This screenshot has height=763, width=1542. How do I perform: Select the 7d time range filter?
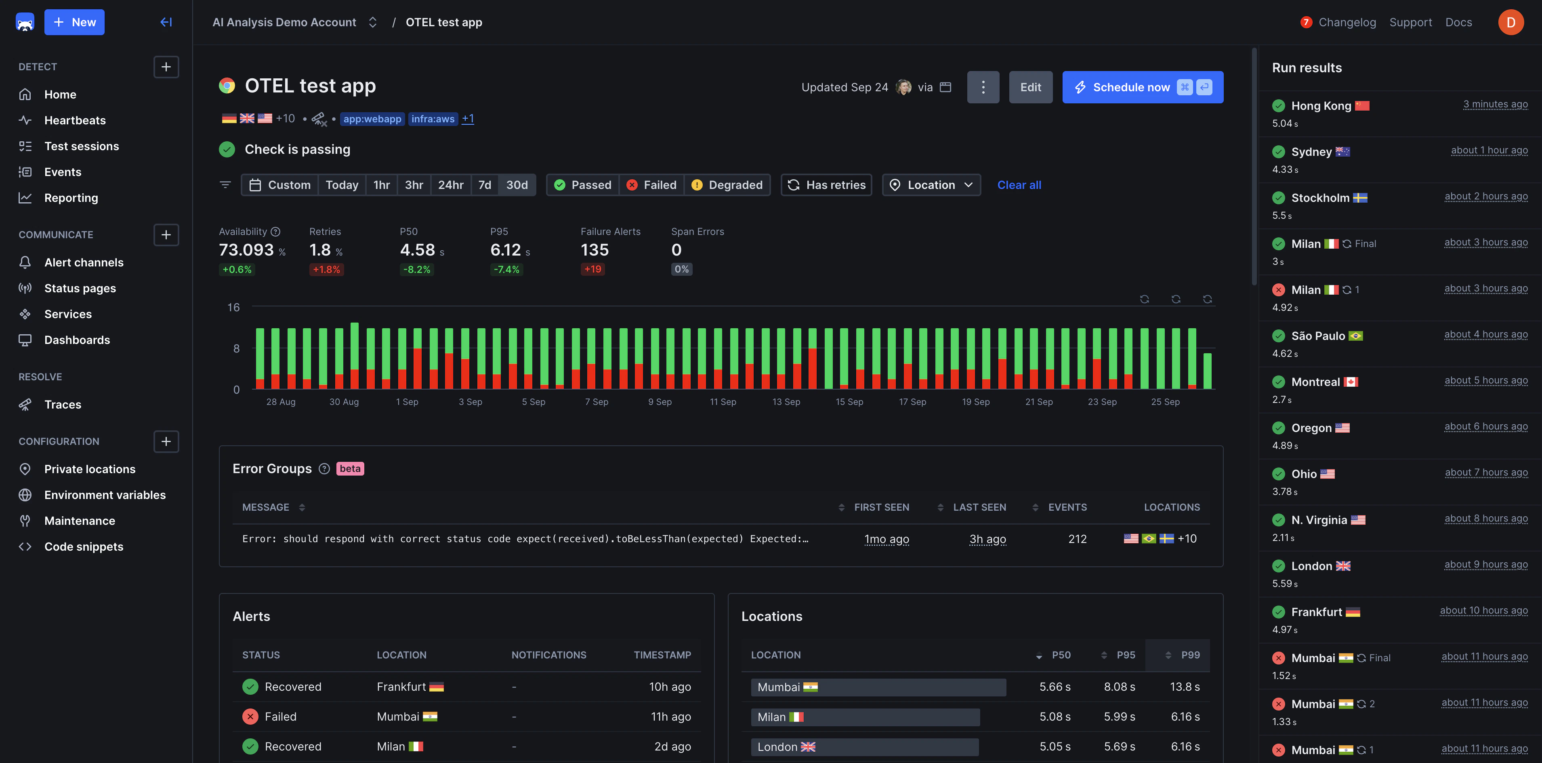tap(484, 185)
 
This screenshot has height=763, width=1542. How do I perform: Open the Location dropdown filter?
tap(931, 185)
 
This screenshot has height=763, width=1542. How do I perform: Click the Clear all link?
tap(1019, 185)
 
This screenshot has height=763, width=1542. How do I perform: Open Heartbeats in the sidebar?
tap(75, 120)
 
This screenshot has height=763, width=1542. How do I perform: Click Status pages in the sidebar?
tap(80, 288)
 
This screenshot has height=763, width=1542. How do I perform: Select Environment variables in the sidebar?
tap(105, 495)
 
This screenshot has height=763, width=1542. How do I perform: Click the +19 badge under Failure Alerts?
tap(592, 269)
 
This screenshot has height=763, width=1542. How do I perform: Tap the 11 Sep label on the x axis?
tap(723, 402)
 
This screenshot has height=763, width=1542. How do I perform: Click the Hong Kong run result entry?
tap(1321, 106)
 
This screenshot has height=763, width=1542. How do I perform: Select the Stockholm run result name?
tap(1320, 198)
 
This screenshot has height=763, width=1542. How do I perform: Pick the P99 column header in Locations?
tap(1189, 655)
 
